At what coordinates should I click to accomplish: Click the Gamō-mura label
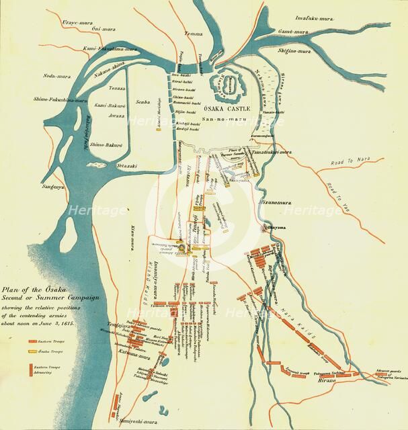(313, 32)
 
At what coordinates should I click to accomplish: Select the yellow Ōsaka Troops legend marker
(32, 351)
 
